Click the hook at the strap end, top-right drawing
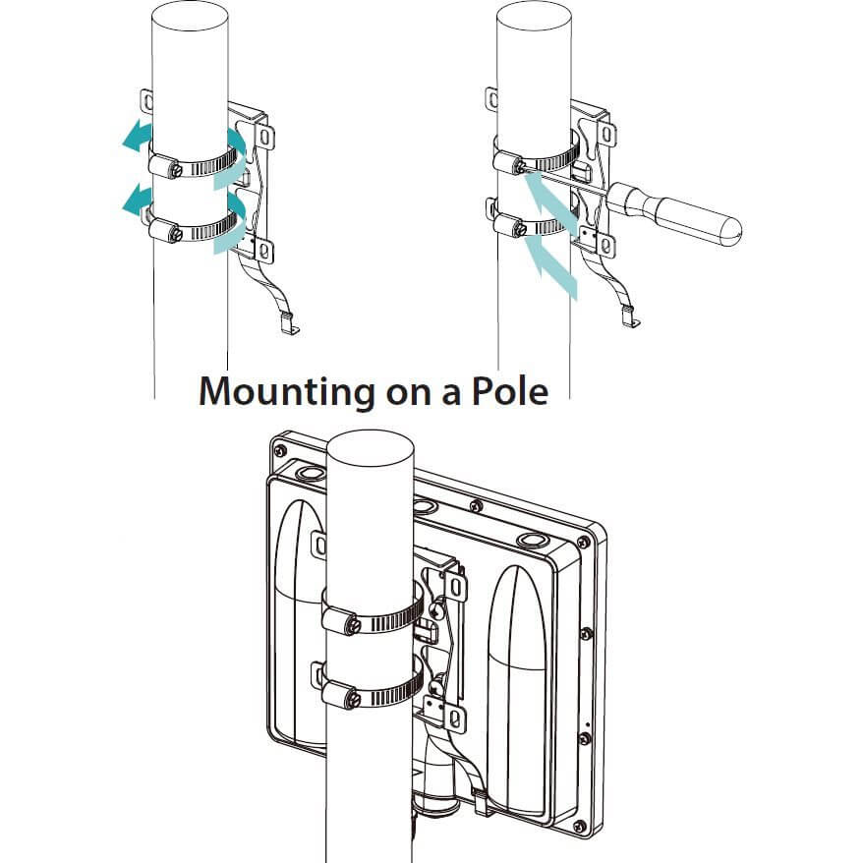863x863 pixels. click(628, 317)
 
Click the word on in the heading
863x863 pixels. click(402, 392)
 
